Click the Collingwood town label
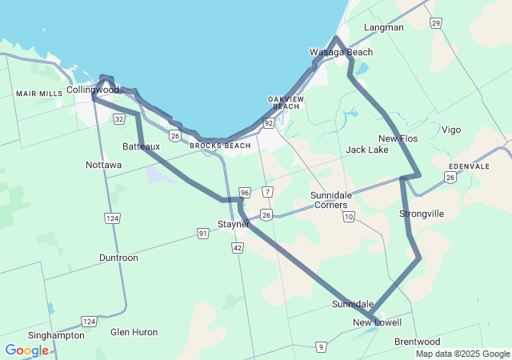(93, 90)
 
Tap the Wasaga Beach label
(342, 52)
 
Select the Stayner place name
(234, 224)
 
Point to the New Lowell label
(378, 322)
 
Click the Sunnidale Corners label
(330, 200)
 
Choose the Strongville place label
(422, 214)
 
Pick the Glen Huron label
(134, 331)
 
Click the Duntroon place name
(118, 258)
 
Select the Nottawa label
(104, 165)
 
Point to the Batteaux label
(142, 146)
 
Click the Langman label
(383, 27)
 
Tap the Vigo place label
(451, 130)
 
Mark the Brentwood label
(418, 342)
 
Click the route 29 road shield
(435, 23)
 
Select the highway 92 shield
(268, 123)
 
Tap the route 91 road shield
(203, 233)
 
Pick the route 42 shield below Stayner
(238, 249)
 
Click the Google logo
(26, 350)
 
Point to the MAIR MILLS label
(39, 94)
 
